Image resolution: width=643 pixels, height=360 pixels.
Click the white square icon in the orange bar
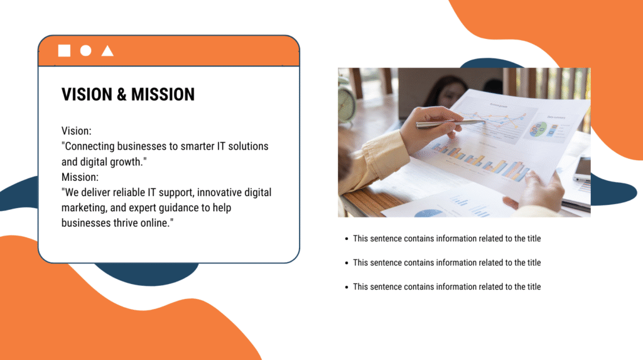(x=64, y=51)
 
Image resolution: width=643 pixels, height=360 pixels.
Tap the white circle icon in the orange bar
(x=86, y=51)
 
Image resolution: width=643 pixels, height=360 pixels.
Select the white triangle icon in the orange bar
(x=107, y=51)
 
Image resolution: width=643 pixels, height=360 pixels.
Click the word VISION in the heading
(x=87, y=95)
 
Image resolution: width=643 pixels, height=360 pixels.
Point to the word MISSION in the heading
(x=163, y=95)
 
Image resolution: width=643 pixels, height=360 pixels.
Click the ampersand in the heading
(x=123, y=95)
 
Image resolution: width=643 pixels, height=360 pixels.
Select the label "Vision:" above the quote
(x=77, y=131)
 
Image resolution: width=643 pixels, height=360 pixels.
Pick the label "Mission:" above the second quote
(x=80, y=177)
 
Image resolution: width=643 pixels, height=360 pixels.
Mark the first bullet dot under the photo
(x=346, y=239)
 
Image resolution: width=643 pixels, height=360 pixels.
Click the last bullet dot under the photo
(x=346, y=287)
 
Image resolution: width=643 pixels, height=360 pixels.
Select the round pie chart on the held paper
(x=539, y=131)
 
